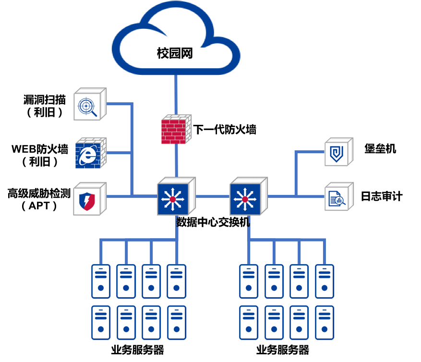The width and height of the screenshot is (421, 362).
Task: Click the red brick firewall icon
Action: tap(175, 130)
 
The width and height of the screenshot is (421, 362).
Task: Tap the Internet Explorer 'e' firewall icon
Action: tap(90, 154)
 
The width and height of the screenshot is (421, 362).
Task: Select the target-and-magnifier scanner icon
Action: tap(89, 105)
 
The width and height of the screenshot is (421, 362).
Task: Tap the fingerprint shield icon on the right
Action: tap(338, 152)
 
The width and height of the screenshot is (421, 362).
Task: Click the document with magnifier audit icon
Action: tap(338, 197)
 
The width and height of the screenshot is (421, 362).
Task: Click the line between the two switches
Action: tap(212, 196)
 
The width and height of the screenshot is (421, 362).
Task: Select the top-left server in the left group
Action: tap(101, 281)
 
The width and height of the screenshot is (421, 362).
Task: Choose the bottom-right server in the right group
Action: tap(325, 323)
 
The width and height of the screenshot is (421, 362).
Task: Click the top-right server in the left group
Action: tap(177, 281)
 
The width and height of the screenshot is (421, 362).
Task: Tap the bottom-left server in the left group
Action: tap(101, 323)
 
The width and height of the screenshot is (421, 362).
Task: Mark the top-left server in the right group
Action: tap(249, 281)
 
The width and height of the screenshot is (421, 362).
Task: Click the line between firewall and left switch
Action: tap(176, 161)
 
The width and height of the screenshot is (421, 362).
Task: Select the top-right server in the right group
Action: tap(325, 281)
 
